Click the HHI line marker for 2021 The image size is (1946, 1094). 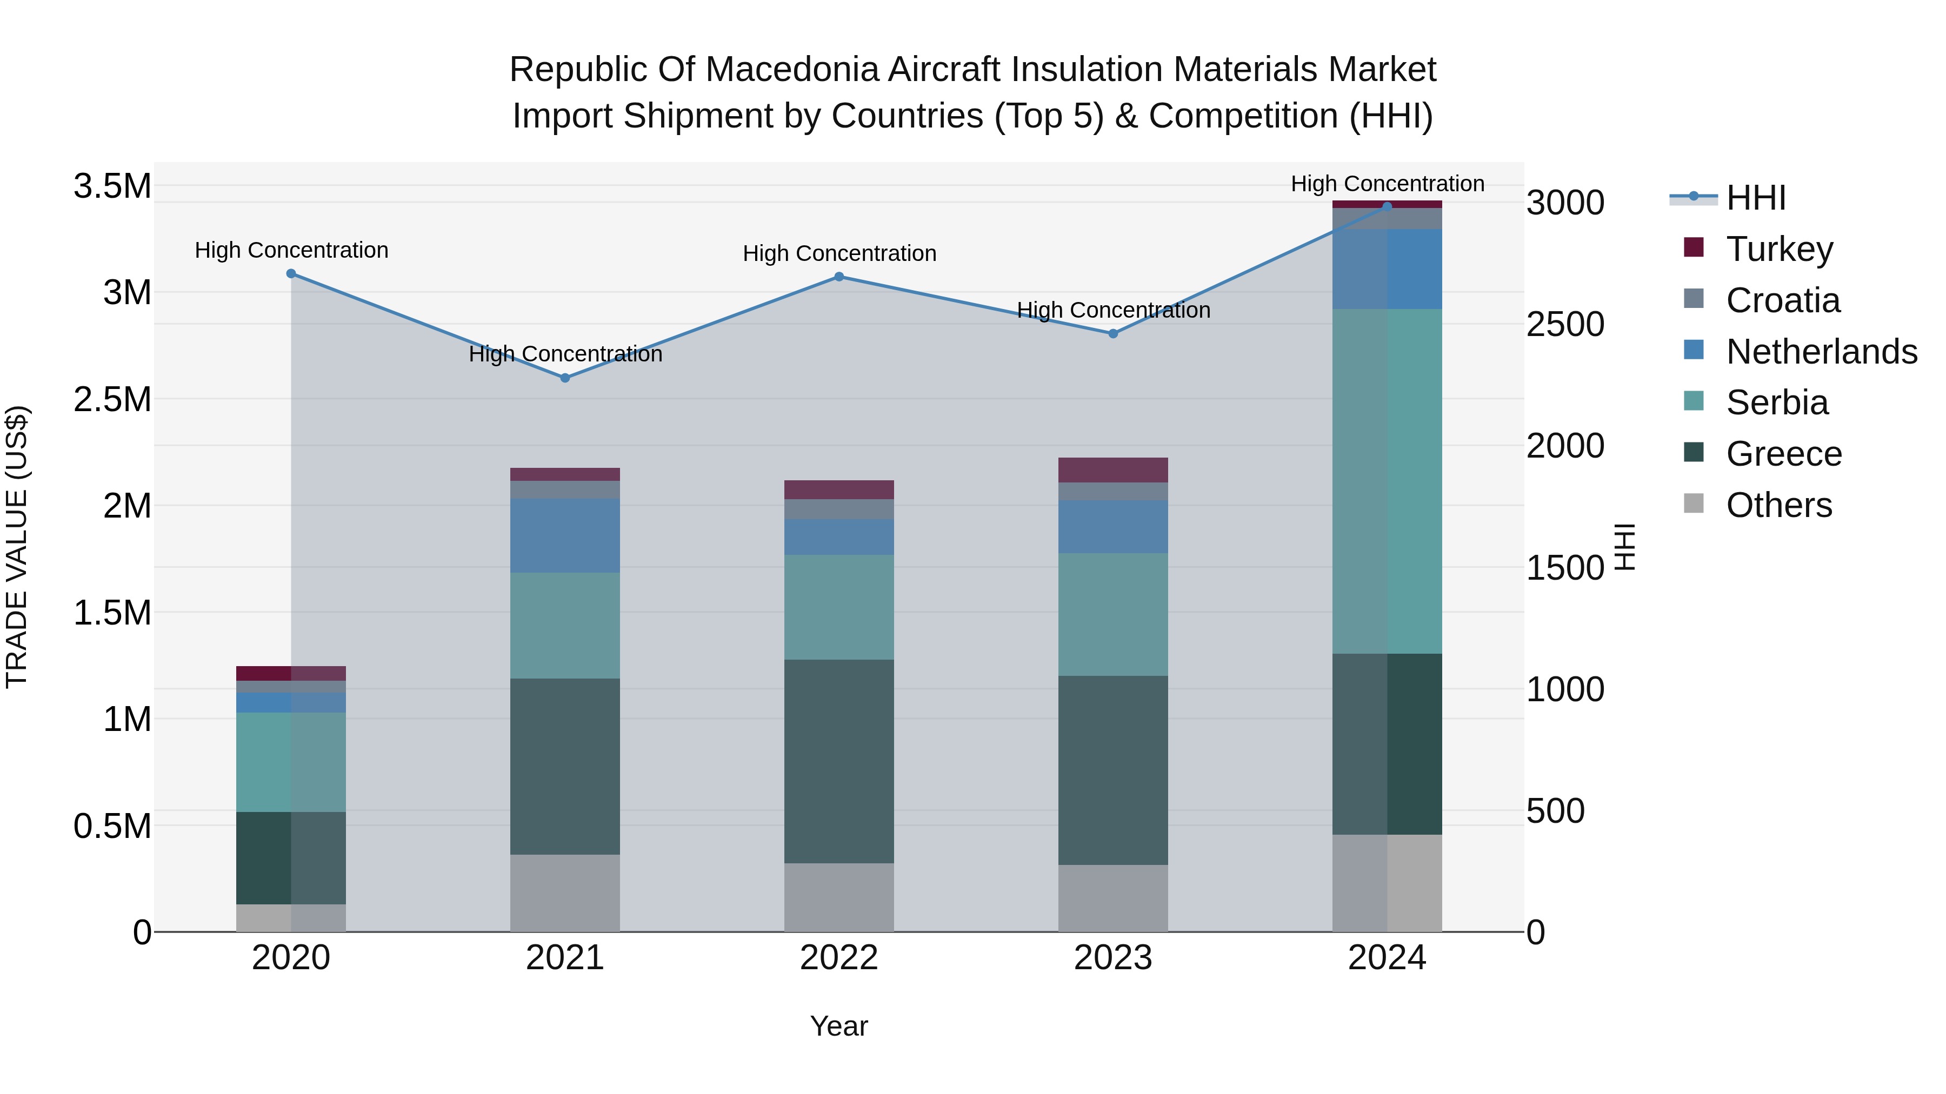tap(565, 378)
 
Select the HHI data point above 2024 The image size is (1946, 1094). tap(1387, 206)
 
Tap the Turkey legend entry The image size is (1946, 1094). tap(1779, 249)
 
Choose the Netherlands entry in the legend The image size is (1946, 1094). tap(1821, 352)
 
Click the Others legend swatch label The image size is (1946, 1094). tap(1778, 505)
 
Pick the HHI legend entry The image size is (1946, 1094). tap(1756, 198)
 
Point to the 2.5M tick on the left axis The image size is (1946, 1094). tap(112, 399)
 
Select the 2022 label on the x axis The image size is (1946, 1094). tap(838, 958)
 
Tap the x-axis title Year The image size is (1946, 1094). tap(838, 1026)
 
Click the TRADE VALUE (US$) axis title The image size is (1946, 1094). tap(17, 547)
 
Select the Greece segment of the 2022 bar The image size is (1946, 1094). tap(838, 761)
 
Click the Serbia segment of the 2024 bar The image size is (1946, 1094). tap(1387, 481)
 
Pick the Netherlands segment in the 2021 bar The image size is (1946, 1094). tap(565, 535)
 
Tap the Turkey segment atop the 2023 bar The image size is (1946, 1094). tap(1113, 469)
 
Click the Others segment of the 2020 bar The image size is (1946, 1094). tap(291, 917)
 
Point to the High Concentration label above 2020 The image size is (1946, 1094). tap(291, 250)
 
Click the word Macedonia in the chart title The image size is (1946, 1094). tap(792, 70)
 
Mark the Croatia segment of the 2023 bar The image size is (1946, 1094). tap(1113, 492)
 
